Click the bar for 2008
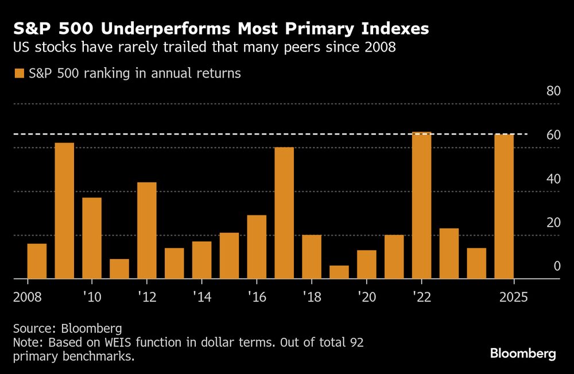click(37, 261)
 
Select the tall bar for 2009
click(64, 211)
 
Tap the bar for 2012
click(147, 230)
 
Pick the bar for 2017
click(284, 213)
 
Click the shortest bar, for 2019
click(339, 272)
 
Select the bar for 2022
click(422, 205)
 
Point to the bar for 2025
click(504, 206)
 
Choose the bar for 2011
click(119, 269)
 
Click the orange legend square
click(19, 74)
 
